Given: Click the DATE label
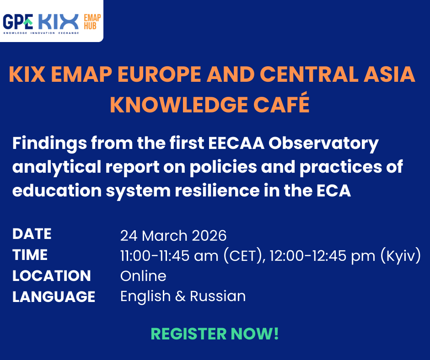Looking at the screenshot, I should coord(32,234).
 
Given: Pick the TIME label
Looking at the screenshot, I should coord(30,255).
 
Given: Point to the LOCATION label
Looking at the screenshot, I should coord(51,276).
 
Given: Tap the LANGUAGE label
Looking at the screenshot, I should coord(54,297).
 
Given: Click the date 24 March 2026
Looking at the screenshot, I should coord(173,235).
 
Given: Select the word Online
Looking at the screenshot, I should coord(143,276).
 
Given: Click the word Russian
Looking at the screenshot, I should coord(218,296).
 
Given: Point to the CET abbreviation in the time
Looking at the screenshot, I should coord(242,256).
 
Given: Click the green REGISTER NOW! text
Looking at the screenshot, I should coord(215,334).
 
